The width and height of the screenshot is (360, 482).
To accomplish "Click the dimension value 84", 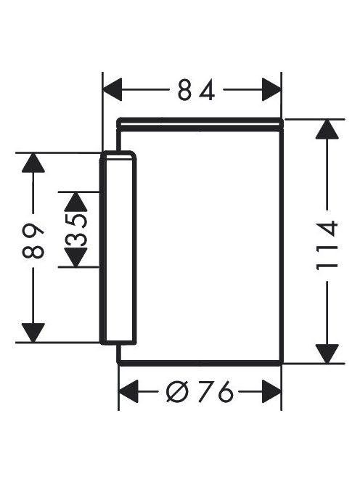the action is tap(196, 90).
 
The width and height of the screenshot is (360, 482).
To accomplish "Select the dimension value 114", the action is tap(327, 245).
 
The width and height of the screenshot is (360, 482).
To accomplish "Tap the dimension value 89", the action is tap(33, 242).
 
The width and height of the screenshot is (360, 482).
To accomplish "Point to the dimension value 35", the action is tap(75, 230).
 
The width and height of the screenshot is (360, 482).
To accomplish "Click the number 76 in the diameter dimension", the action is tap(215, 391).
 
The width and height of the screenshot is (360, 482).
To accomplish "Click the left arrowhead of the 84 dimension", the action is tap(112, 89).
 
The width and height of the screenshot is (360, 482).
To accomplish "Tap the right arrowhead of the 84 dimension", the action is tap(271, 89).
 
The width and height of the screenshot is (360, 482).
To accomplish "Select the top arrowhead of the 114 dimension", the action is tap(327, 129).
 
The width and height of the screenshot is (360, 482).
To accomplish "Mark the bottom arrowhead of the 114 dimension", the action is tap(327, 354).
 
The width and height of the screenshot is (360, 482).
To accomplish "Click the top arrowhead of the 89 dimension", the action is tap(33, 163).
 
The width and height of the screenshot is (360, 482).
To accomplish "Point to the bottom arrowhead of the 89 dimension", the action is tap(33, 332).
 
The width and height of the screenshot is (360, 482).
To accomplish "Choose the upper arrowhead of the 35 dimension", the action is tap(75, 202).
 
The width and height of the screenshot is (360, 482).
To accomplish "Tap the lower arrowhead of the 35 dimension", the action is tap(75, 257).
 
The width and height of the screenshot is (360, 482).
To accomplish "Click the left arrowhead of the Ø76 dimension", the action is tap(128, 391).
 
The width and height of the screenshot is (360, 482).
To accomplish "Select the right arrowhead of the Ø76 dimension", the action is tap(271, 391).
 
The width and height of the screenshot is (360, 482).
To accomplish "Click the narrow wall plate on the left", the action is tap(118, 248).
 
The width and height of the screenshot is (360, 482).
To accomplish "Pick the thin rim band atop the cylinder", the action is tap(200, 125).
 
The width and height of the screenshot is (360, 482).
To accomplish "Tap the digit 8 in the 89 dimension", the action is tap(33, 250).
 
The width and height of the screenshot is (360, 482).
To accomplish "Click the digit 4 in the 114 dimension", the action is tap(327, 229).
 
